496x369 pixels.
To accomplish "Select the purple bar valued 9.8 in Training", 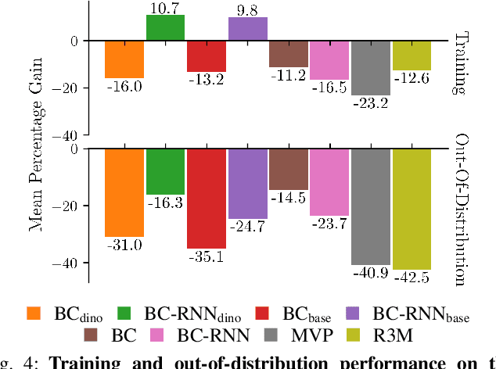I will pyautogui.click(x=247, y=29).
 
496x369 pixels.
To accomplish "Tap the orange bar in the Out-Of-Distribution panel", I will pyautogui.click(x=124, y=192).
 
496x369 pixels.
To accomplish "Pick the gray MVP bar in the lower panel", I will pyautogui.click(x=370, y=206).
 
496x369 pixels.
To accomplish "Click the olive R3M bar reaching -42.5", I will pyautogui.click(x=412, y=209).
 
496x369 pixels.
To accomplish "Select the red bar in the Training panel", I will pyautogui.click(x=207, y=56).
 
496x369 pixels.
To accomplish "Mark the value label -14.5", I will pyautogui.click(x=289, y=199).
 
